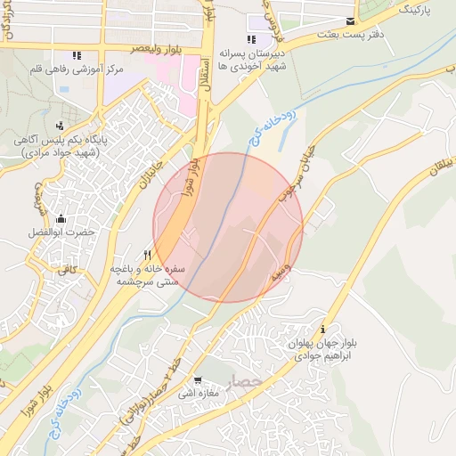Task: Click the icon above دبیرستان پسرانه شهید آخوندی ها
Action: coord(252,39)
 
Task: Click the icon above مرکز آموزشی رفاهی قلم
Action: coord(77,54)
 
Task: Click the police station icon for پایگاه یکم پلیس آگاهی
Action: coord(60,126)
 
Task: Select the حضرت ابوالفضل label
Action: coord(61,232)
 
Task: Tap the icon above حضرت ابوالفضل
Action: coord(61,219)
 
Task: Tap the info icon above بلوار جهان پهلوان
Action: coord(334,329)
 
